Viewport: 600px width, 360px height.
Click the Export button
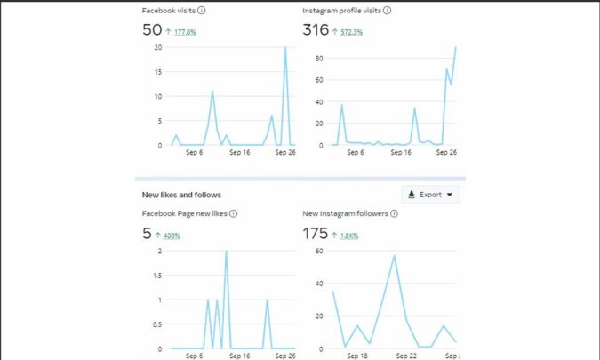(429, 195)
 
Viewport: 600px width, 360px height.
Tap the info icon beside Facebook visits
(201, 11)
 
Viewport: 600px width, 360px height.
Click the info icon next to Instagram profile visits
(387, 11)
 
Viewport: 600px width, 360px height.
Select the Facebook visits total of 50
(152, 30)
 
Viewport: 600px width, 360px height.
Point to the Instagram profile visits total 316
(316, 30)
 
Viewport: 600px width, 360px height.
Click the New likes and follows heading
(181, 195)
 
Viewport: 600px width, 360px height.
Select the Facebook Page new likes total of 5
(147, 234)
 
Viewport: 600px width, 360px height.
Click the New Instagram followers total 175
(316, 234)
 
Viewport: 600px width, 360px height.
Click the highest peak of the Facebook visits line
(285, 48)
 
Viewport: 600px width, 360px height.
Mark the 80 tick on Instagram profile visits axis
(317, 59)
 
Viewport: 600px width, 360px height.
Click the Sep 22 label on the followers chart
(405, 356)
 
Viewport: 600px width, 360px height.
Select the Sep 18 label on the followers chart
(356, 356)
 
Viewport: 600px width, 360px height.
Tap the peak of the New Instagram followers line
(394, 256)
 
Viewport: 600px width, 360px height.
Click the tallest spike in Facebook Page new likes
(226, 252)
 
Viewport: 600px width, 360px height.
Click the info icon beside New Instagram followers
(394, 214)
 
